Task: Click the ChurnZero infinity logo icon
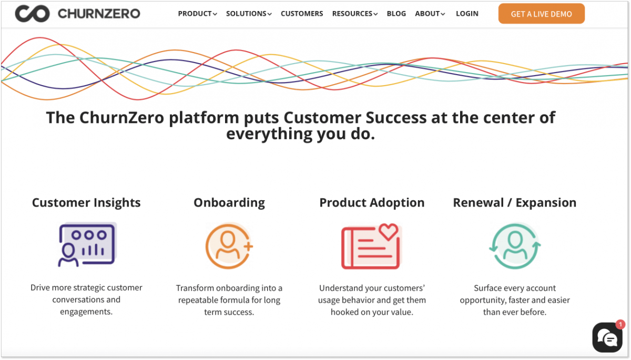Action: (32, 14)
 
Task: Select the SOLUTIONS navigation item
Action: (249, 14)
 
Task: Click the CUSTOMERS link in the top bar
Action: (302, 14)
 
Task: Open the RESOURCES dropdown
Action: (355, 14)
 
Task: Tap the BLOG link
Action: (396, 14)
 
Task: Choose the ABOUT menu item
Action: (430, 14)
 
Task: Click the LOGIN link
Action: (467, 14)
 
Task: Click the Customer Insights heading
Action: (86, 203)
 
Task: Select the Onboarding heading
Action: (229, 203)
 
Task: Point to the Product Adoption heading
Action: (372, 203)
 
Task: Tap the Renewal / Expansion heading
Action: (514, 203)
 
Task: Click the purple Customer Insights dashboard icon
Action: (87, 244)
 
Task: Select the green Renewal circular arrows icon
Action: (515, 246)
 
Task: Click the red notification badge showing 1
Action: (620, 324)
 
